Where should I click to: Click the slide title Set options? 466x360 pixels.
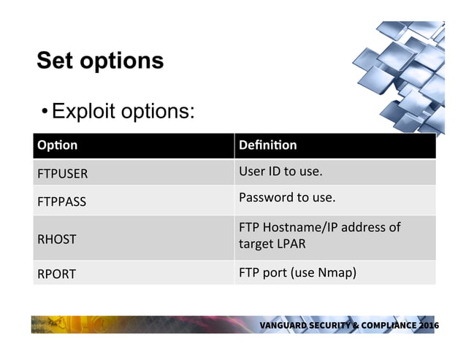point(100,61)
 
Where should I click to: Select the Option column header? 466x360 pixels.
point(57,145)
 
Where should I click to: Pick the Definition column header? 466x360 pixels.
point(267,145)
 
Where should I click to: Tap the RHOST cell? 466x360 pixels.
point(56,239)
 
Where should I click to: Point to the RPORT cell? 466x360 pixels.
point(56,275)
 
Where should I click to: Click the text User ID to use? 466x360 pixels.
point(280,173)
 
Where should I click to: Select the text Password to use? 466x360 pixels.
point(287,198)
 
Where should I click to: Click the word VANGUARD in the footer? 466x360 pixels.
point(286,325)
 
